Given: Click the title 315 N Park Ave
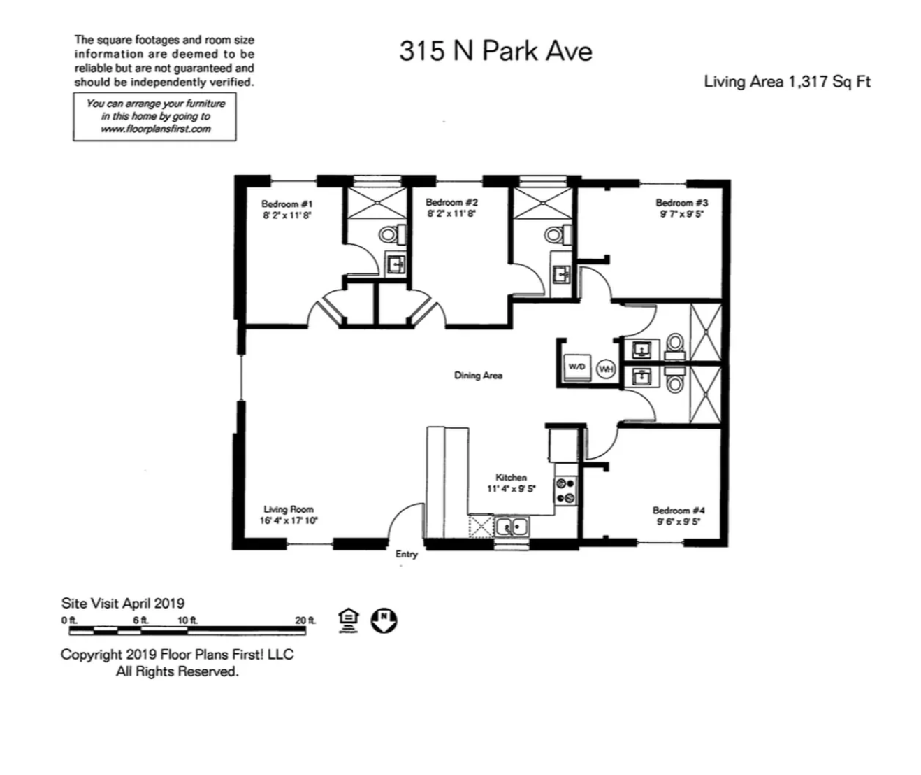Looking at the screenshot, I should pos(495,51).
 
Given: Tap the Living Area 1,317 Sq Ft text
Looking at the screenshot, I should pos(787,82).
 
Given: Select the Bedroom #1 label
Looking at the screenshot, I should pos(287,204).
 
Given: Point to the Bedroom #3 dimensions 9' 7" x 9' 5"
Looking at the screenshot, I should pos(681,214).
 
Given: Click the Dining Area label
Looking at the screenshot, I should pos(478,376).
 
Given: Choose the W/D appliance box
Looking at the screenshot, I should pos(577,367).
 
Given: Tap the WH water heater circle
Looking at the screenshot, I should pos(606,369).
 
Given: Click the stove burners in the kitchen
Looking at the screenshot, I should pos(565,490).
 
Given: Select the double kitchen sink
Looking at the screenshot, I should pos(512,526).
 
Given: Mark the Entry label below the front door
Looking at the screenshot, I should pos(406,554).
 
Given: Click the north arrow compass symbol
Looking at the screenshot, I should pos(384,620).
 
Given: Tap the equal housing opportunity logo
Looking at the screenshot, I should pos(348,620).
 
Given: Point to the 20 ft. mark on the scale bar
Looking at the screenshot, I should pos(305,620).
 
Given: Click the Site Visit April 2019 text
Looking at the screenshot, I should pos(123,603).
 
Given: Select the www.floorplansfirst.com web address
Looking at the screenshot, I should pos(155,129).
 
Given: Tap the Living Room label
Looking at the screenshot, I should pos(289,509).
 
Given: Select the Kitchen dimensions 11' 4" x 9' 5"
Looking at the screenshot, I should pos(511,489).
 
